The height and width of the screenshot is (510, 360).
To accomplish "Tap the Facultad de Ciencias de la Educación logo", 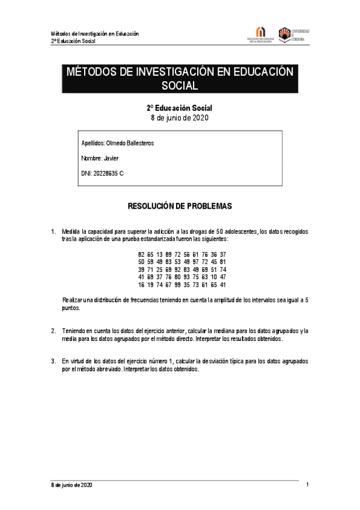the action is click(x=260, y=35).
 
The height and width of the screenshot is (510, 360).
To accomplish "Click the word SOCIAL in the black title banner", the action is click(x=180, y=86).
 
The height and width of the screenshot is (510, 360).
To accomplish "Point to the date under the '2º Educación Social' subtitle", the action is click(x=180, y=118).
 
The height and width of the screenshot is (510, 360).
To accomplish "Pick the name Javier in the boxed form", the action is click(x=112, y=159).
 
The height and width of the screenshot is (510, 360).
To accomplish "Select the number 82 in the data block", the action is click(x=141, y=255).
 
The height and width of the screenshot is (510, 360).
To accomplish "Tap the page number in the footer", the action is click(x=307, y=485).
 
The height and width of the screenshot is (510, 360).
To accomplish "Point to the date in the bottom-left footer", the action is click(x=72, y=485).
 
